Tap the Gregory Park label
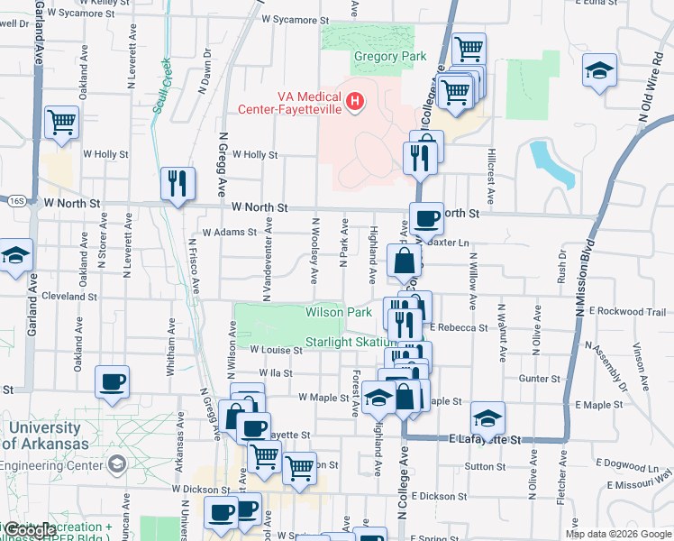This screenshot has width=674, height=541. [389, 57]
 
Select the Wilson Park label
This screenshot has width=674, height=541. [339, 312]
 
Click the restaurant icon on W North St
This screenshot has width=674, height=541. [178, 184]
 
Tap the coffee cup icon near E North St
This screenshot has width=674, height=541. [426, 218]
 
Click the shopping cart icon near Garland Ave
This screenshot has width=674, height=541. [61, 122]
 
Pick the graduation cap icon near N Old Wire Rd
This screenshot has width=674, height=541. [598, 71]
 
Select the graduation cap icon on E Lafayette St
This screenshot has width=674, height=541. [487, 418]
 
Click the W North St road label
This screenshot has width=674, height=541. [259, 207]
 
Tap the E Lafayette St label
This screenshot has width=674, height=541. [486, 439]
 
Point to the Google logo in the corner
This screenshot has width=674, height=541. [30, 531]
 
